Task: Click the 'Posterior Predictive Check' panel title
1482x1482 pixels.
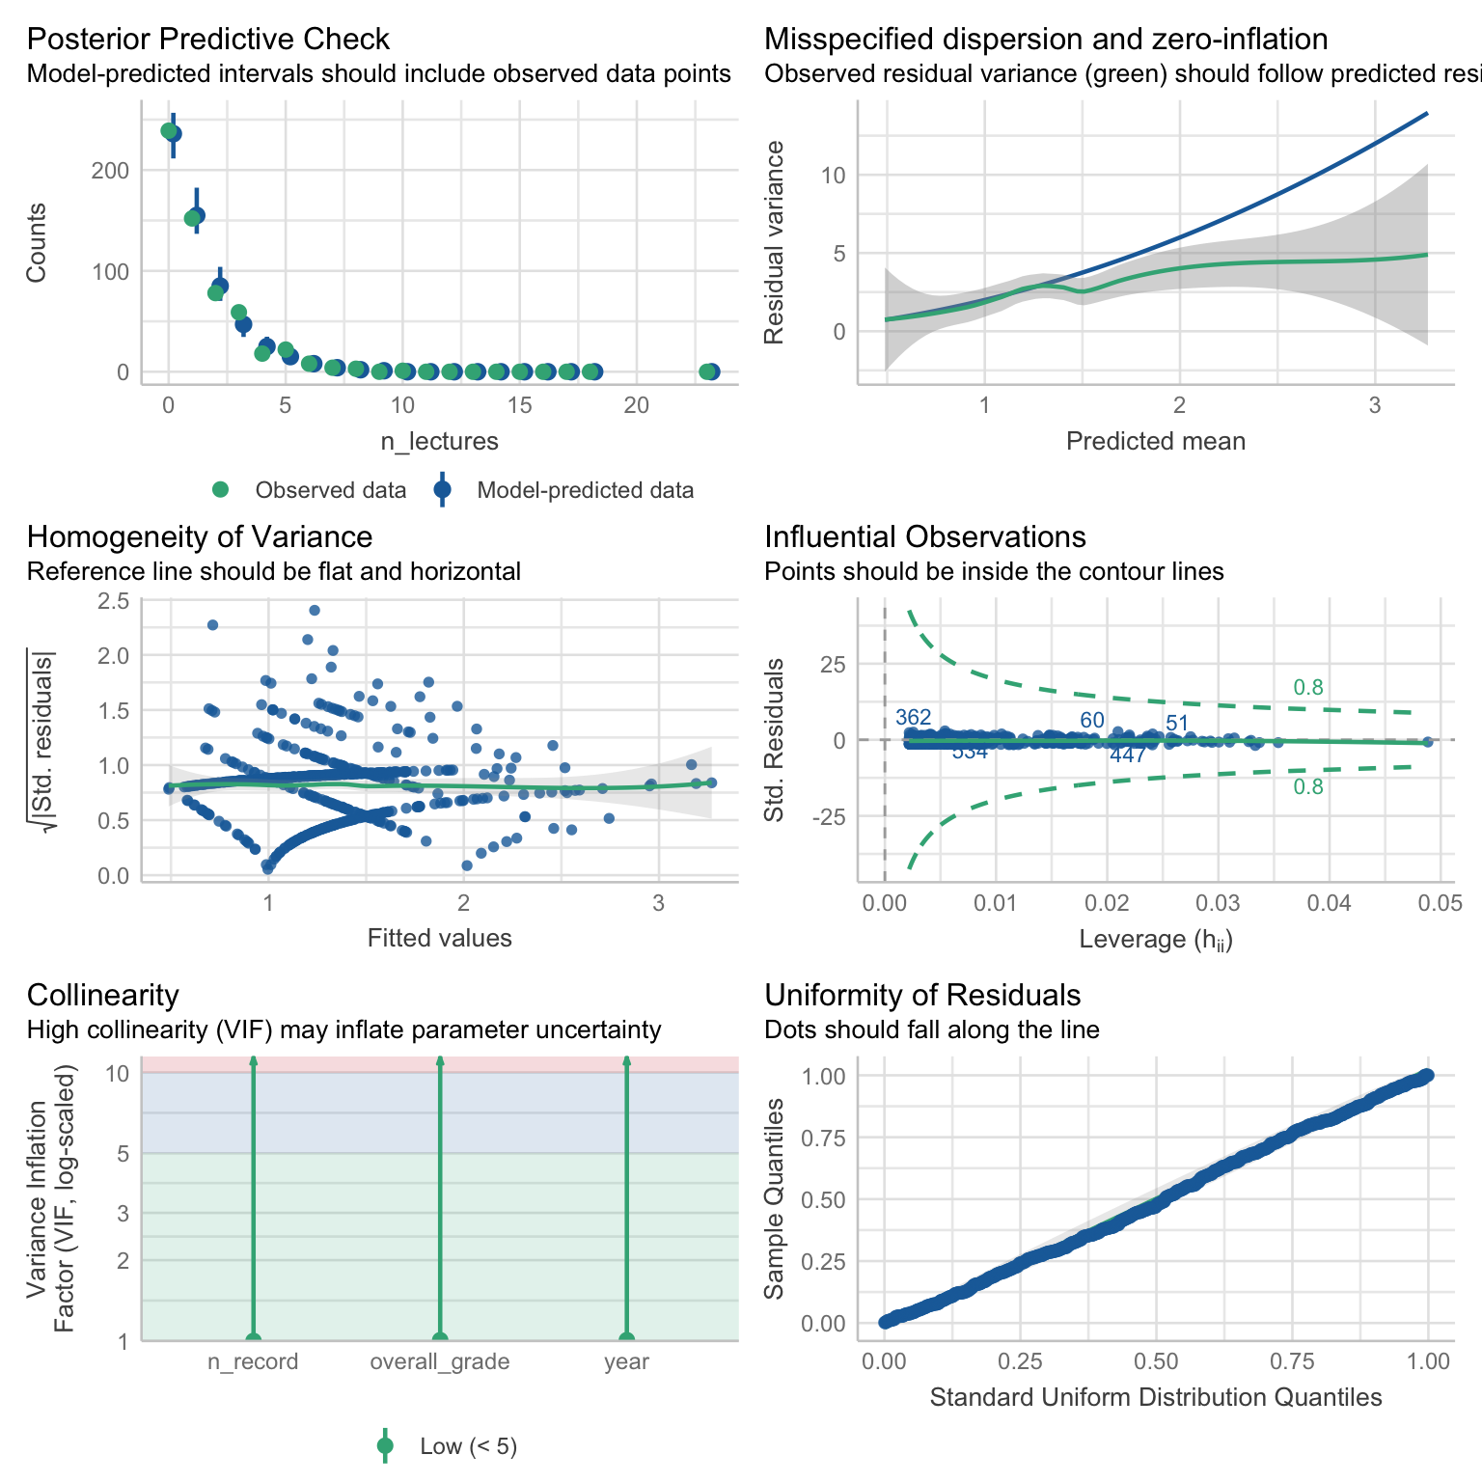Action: point(207,40)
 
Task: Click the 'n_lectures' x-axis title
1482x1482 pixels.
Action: point(439,442)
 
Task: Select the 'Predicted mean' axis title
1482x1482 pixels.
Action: point(1155,442)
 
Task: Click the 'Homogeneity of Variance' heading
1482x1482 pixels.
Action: point(200,537)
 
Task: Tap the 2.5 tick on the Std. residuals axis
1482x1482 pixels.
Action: point(113,601)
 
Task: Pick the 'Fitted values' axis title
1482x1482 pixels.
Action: point(439,938)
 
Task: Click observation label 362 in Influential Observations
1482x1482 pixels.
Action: point(913,718)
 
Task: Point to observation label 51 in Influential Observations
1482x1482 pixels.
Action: point(1176,724)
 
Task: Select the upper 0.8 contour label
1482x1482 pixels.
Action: point(1307,688)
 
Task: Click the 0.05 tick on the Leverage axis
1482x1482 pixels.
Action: point(1441,903)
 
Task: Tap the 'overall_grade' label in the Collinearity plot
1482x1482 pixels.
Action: point(440,1361)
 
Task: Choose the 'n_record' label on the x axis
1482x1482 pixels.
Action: point(253,1361)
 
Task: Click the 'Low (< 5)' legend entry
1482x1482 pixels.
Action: point(468,1446)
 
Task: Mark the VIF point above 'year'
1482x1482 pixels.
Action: point(626,1339)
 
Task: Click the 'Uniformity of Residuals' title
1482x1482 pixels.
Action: point(922,996)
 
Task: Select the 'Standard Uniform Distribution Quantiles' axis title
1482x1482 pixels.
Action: point(1155,1397)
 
